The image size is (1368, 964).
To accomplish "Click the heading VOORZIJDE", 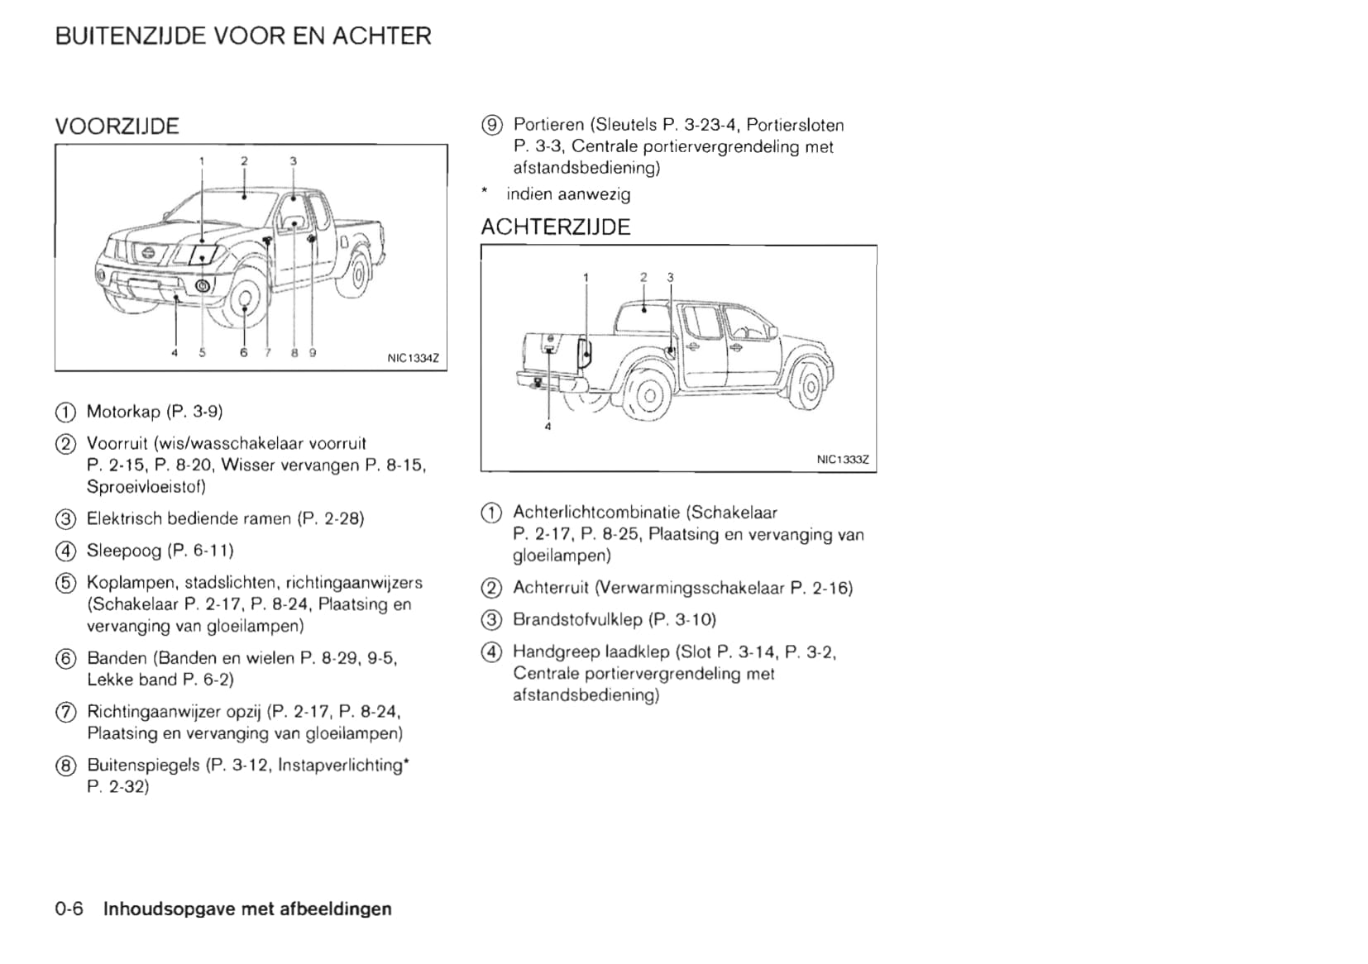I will pyautogui.click(x=117, y=126).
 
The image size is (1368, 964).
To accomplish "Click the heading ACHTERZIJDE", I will pyautogui.click(x=555, y=227).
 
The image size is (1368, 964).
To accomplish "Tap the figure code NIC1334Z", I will pyautogui.click(x=413, y=359).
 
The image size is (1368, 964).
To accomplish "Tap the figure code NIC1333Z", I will pyautogui.click(x=842, y=460).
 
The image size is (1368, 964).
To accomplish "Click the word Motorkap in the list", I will pyautogui.click(x=123, y=412).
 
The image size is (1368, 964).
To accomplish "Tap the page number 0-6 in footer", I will pyautogui.click(x=69, y=909).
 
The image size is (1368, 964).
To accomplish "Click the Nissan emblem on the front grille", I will pyautogui.click(x=148, y=252).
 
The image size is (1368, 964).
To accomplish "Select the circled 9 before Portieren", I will pyautogui.click(x=491, y=126).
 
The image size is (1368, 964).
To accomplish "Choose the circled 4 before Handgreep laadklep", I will pyautogui.click(x=491, y=652).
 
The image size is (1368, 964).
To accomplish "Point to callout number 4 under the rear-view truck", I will pyautogui.click(x=548, y=427).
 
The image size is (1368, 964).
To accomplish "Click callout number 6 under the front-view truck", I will pyautogui.click(x=243, y=353).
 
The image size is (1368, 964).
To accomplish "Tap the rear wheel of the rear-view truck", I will pyautogui.click(x=650, y=394).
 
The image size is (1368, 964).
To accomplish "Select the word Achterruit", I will pyautogui.click(x=550, y=588).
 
